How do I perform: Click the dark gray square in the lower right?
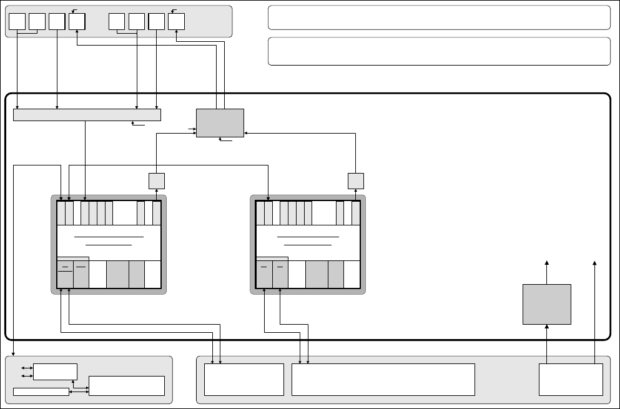tap(547, 304)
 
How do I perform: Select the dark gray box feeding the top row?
tap(220, 123)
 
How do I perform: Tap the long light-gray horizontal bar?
tap(87, 115)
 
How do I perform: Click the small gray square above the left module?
tap(156, 180)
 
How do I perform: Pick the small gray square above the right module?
tap(355, 180)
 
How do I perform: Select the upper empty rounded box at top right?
tap(438, 17)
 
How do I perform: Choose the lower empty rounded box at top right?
tap(438, 51)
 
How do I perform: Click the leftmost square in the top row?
tap(17, 21)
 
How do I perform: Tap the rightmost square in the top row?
tap(176, 21)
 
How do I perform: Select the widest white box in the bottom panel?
tap(383, 379)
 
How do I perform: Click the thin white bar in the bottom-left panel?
tap(41, 392)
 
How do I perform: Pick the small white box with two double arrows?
tap(56, 371)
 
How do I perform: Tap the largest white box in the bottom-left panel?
tap(127, 385)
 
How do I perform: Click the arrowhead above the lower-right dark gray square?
tap(548, 263)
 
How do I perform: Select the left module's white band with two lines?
tap(109, 240)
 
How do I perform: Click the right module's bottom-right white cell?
tap(352, 274)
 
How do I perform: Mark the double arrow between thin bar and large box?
tap(79, 392)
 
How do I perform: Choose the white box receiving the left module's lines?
tap(244, 379)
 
